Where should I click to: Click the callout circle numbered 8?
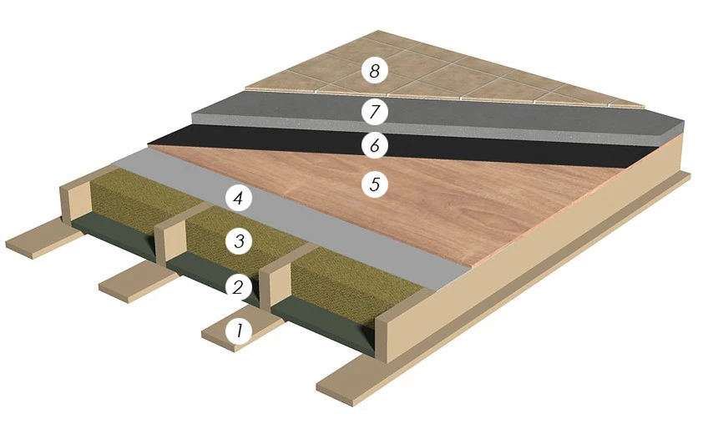(x=374, y=71)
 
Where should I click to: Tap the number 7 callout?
(x=374, y=111)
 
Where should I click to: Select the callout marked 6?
(x=374, y=145)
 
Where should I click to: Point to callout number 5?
(x=374, y=184)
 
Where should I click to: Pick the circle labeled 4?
(x=239, y=198)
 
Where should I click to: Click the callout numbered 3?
(x=239, y=241)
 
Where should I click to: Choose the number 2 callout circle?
(x=239, y=286)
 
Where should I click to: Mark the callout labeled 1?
(x=239, y=331)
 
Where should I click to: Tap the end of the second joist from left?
(x=169, y=243)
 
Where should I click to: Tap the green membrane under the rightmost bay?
(x=323, y=327)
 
